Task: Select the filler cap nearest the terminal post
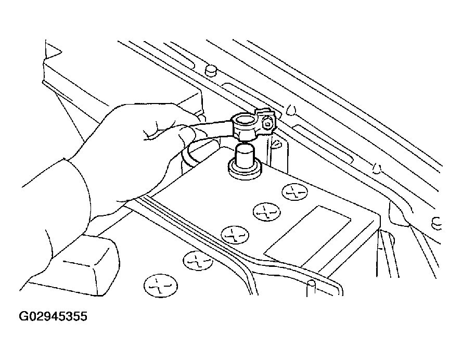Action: pyautogui.click(x=295, y=192)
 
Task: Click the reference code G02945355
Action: pyautogui.click(x=53, y=316)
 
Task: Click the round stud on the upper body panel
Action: pyautogui.click(x=211, y=70)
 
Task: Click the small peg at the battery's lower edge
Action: pyautogui.click(x=312, y=289)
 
